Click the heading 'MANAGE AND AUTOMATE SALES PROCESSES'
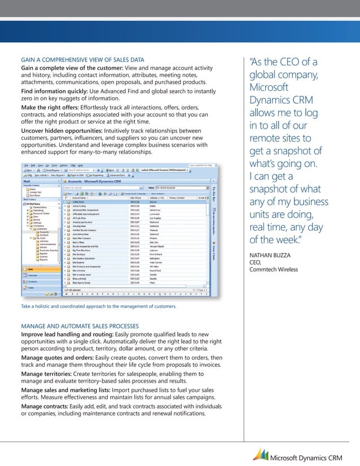(x=80, y=326)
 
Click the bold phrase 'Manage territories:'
(x=50, y=374)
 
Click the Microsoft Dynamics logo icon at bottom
(x=261, y=454)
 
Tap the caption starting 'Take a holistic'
(x=99, y=306)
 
